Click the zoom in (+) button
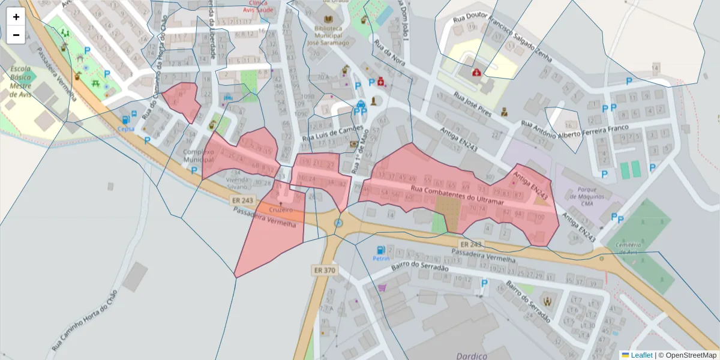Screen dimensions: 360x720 click(16, 17)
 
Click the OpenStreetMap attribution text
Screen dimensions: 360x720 click(687, 355)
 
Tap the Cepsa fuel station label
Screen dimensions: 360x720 click(126, 128)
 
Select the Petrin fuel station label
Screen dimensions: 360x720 click(380, 259)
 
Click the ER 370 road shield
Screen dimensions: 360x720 click(324, 271)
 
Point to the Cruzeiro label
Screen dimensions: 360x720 click(281, 210)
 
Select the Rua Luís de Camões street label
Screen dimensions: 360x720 click(332, 136)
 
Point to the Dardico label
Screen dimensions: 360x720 click(472, 355)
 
